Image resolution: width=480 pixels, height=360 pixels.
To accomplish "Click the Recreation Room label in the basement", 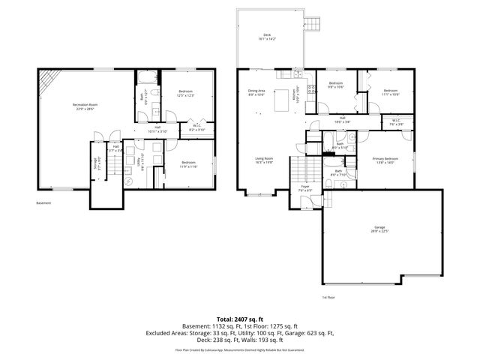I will (85, 106).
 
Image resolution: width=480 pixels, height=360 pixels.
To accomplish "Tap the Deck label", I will (267, 37).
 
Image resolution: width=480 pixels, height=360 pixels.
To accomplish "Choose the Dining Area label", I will (257, 93).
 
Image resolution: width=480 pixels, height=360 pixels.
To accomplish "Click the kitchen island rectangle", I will (284, 100).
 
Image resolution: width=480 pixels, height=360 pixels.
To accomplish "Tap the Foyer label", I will (306, 188).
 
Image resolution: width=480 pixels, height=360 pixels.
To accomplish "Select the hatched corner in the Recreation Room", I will (49, 79).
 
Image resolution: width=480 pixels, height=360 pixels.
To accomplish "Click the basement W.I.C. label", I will (196, 129).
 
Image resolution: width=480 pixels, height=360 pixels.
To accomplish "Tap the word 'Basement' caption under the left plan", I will (45, 203).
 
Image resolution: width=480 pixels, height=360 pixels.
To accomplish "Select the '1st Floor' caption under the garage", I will (328, 297).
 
